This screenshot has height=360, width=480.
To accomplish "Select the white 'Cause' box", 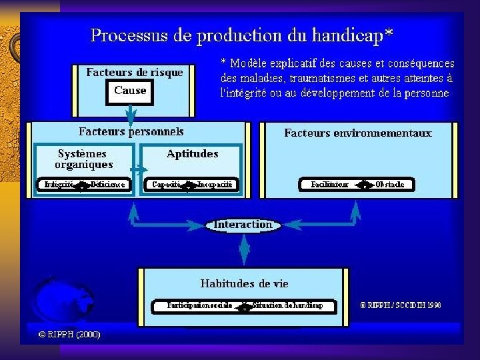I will tap(130, 91).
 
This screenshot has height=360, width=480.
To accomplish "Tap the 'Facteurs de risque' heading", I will tap(135, 73).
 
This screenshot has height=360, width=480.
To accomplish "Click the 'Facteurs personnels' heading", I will tap(131, 131).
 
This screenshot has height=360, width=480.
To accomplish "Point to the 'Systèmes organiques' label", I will tap(83, 159).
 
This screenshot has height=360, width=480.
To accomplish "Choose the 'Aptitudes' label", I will tap(192, 154).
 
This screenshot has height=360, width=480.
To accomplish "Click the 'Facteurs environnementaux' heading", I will tap(358, 133).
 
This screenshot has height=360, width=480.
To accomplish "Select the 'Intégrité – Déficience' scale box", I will tap(84, 185).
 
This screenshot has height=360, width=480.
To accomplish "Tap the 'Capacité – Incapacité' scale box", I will tap(192, 185).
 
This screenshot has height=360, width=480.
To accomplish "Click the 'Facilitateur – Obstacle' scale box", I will tap(357, 185).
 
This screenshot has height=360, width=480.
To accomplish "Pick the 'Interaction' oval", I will tap(243, 225).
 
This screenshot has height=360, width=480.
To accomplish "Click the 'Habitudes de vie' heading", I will tap(244, 283).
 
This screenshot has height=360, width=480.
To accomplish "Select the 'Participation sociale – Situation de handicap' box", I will tap(245, 305).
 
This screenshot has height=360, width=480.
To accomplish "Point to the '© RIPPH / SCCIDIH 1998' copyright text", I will tap(400, 305).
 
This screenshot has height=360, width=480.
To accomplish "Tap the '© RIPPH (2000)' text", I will tap(69, 334).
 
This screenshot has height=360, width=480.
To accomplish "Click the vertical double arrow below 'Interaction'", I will tap(243, 250).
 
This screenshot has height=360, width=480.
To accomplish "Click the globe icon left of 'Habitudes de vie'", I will tap(59, 300).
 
